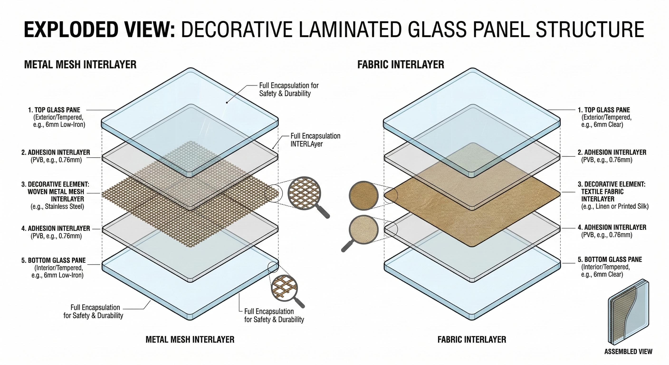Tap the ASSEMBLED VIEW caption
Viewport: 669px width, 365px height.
(628, 351)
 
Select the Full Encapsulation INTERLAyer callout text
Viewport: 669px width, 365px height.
(315, 140)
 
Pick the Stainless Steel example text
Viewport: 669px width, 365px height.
(57, 207)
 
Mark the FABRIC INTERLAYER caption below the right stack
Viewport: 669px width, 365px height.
(472, 339)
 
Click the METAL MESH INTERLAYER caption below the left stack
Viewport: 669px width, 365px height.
(190, 339)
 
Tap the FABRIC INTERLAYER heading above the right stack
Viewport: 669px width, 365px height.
(401, 64)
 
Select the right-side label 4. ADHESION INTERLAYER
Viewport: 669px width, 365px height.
(612, 227)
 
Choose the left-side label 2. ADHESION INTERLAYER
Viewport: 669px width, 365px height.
(56, 152)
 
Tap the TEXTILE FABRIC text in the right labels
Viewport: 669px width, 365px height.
(602, 192)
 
